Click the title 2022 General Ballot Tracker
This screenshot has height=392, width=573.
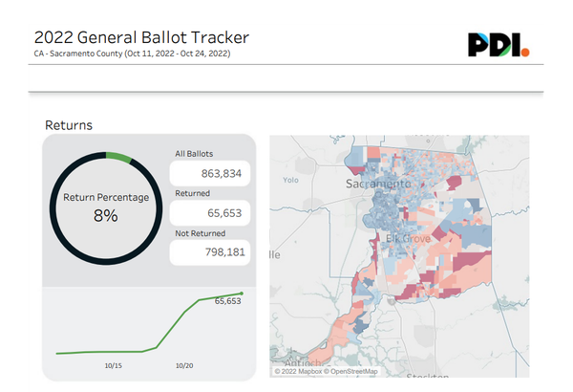141,37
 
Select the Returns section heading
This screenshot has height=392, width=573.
68,125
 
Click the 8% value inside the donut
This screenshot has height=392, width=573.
105,216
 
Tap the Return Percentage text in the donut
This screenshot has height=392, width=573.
105,197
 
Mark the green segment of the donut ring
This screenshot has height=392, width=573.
118,157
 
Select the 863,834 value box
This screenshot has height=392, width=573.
210,173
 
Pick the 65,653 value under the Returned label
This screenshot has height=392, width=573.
210,213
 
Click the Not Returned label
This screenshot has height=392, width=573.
201,232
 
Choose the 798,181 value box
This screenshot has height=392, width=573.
210,252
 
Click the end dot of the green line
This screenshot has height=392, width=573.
242,294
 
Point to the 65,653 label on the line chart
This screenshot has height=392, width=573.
227,301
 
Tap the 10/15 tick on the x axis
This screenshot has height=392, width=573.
113,364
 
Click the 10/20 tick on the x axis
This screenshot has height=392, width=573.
185,364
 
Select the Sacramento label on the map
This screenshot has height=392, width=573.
375,183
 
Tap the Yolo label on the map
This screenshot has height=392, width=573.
291,179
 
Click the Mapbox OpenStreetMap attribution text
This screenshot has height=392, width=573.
325,371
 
